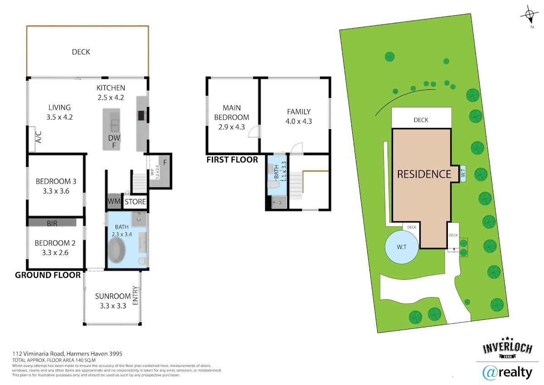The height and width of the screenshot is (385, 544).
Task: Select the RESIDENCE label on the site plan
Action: point(424,174)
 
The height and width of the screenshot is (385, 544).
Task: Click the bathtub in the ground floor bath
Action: point(117,250)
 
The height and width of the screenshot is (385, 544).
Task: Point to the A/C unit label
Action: point(39,137)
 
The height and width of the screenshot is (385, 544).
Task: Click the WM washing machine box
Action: point(114,201)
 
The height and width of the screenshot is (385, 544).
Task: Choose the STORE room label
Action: point(135,202)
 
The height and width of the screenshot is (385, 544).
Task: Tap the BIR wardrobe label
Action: point(52,223)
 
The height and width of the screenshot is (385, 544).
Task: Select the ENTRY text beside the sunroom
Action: point(135,295)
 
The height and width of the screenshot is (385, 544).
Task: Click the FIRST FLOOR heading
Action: point(232,160)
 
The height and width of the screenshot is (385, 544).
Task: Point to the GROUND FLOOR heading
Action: point(48,275)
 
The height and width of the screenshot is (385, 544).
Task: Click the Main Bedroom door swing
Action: point(254,132)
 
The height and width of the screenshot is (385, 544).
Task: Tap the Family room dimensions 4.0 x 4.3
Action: point(299,121)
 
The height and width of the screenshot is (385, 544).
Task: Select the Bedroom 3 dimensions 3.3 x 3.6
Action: point(56,191)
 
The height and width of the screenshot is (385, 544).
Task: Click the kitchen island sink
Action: point(115,126)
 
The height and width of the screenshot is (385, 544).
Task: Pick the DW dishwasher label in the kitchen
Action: point(114,138)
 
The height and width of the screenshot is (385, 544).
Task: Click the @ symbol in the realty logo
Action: point(490,373)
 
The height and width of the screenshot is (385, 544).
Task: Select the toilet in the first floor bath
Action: point(273,185)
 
